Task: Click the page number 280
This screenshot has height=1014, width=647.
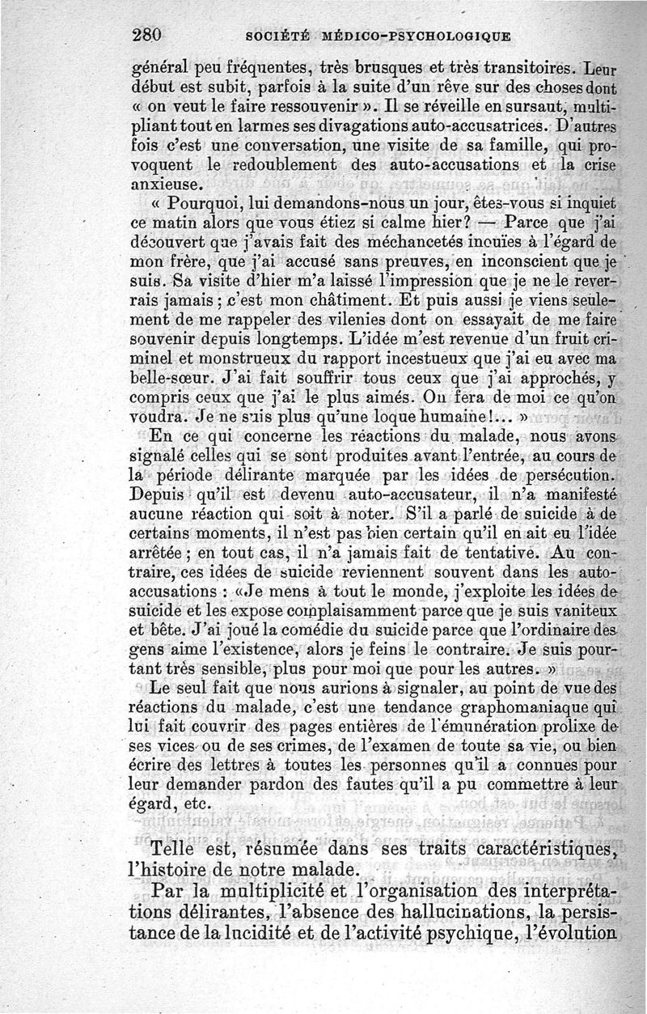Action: tap(146, 35)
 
